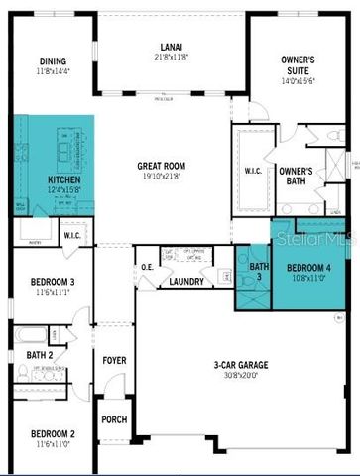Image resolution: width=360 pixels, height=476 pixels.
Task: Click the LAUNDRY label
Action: click(x=186, y=282)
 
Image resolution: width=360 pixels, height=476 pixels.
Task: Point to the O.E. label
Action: click(x=147, y=266)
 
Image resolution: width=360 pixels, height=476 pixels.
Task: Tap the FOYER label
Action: click(x=114, y=359)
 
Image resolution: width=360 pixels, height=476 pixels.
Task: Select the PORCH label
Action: click(x=114, y=419)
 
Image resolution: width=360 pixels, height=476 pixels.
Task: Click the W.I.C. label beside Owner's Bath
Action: click(x=252, y=171)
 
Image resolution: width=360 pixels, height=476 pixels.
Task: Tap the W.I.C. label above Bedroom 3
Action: click(x=72, y=236)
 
